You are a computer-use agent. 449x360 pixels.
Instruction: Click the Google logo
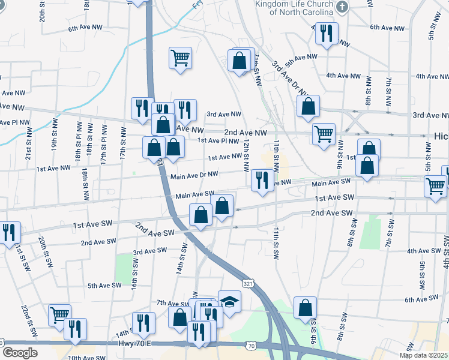(x=20, y=353)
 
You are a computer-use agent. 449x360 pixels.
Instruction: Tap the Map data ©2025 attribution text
(x=424, y=355)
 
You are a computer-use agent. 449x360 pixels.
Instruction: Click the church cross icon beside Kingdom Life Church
(x=342, y=7)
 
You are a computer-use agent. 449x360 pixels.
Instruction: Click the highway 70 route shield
(x=252, y=346)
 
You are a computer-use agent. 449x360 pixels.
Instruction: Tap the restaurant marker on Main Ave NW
(x=262, y=179)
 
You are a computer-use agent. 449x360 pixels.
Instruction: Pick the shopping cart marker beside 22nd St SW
(x=59, y=314)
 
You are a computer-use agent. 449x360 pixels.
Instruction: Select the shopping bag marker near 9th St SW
(x=305, y=307)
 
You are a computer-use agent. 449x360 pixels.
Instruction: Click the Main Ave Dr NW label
(x=194, y=176)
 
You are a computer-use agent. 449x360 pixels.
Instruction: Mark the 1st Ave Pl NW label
(x=218, y=141)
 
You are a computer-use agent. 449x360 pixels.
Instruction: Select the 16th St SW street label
(x=135, y=271)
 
